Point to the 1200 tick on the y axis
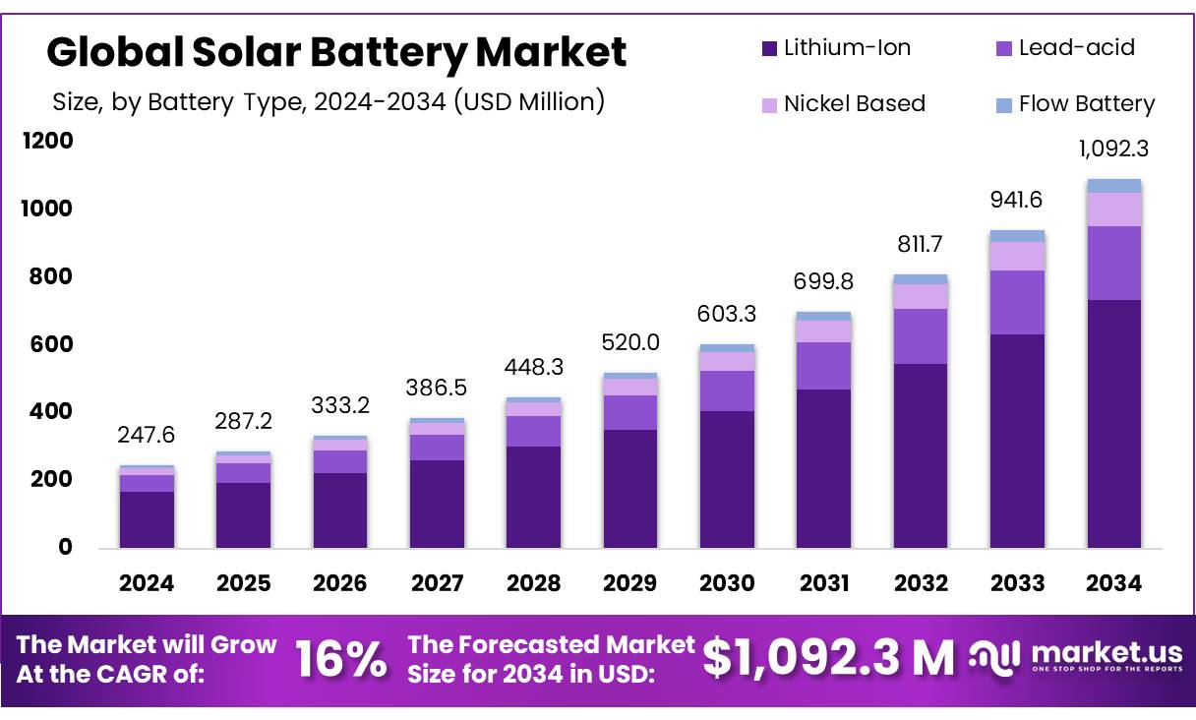[x=47, y=142]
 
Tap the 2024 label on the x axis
[x=147, y=583]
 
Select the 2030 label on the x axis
[x=727, y=583]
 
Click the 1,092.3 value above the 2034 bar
[x=1113, y=150]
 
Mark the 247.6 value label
[x=147, y=435]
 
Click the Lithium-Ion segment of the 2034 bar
[x=1113, y=423]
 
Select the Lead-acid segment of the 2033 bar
[x=1017, y=302]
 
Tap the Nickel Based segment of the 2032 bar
[x=921, y=296]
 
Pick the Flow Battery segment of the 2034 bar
[x=1113, y=186]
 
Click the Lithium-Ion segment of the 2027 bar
[x=437, y=504]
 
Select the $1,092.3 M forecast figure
[x=828, y=659]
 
